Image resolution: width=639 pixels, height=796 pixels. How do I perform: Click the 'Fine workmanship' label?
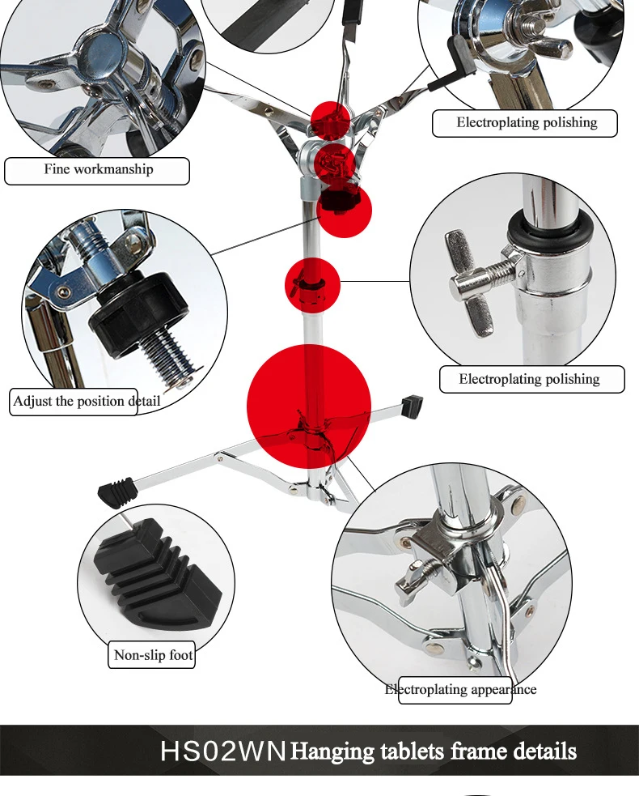[99, 169]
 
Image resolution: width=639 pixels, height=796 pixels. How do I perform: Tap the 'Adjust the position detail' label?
[87, 402]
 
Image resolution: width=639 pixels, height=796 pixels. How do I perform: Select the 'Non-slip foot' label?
[153, 655]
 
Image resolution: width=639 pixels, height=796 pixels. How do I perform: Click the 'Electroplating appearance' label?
[460, 689]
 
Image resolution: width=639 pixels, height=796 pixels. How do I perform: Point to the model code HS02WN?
[223, 751]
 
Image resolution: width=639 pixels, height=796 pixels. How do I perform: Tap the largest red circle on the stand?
[309, 407]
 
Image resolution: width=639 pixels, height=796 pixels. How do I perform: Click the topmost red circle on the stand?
[330, 121]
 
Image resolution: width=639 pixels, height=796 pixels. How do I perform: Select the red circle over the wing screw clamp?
[312, 285]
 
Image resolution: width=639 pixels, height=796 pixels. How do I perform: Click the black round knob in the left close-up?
[138, 308]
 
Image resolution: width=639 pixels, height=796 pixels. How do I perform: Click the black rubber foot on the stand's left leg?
[118, 492]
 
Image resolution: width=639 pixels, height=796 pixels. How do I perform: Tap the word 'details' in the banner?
[545, 751]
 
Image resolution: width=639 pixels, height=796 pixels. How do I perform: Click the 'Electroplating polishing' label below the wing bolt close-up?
[530, 379]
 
